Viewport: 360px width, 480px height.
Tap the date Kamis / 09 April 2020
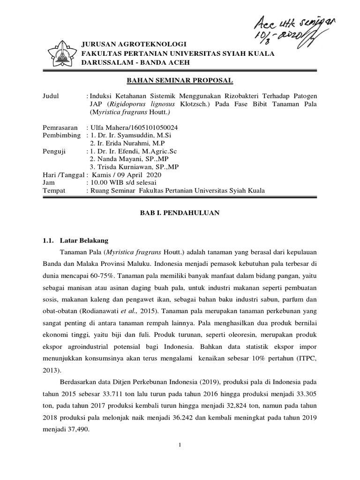pyautogui.click(x=121, y=175)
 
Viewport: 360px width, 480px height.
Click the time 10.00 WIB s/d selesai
pyautogui.click(x=122, y=182)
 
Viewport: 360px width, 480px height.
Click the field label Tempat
pyautogui.click(x=53, y=190)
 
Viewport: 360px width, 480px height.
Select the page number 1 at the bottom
pyautogui.click(x=180, y=458)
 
